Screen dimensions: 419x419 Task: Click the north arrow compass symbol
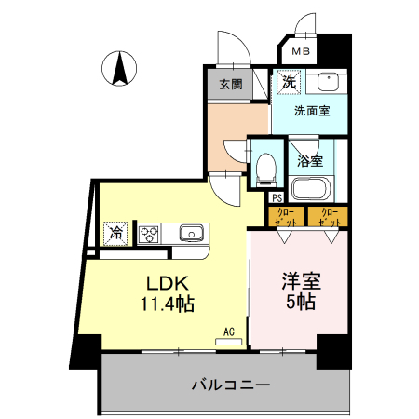tap(121, 69)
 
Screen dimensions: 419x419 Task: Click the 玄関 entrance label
tap(230, 85)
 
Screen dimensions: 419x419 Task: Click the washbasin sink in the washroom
tap(327, 82)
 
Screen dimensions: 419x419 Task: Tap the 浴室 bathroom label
tap(310, 161)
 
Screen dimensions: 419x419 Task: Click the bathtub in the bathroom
tap(310, 189)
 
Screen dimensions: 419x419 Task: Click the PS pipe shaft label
tap(277, 196)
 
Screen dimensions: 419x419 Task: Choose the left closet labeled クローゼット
tap(287, 218)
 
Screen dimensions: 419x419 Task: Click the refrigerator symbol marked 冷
tap(116, 232)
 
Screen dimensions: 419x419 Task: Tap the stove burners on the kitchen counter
tap(149, 232)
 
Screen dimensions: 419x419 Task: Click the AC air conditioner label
tap(228, 331)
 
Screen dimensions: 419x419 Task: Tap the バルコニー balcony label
tap(230, 384)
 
